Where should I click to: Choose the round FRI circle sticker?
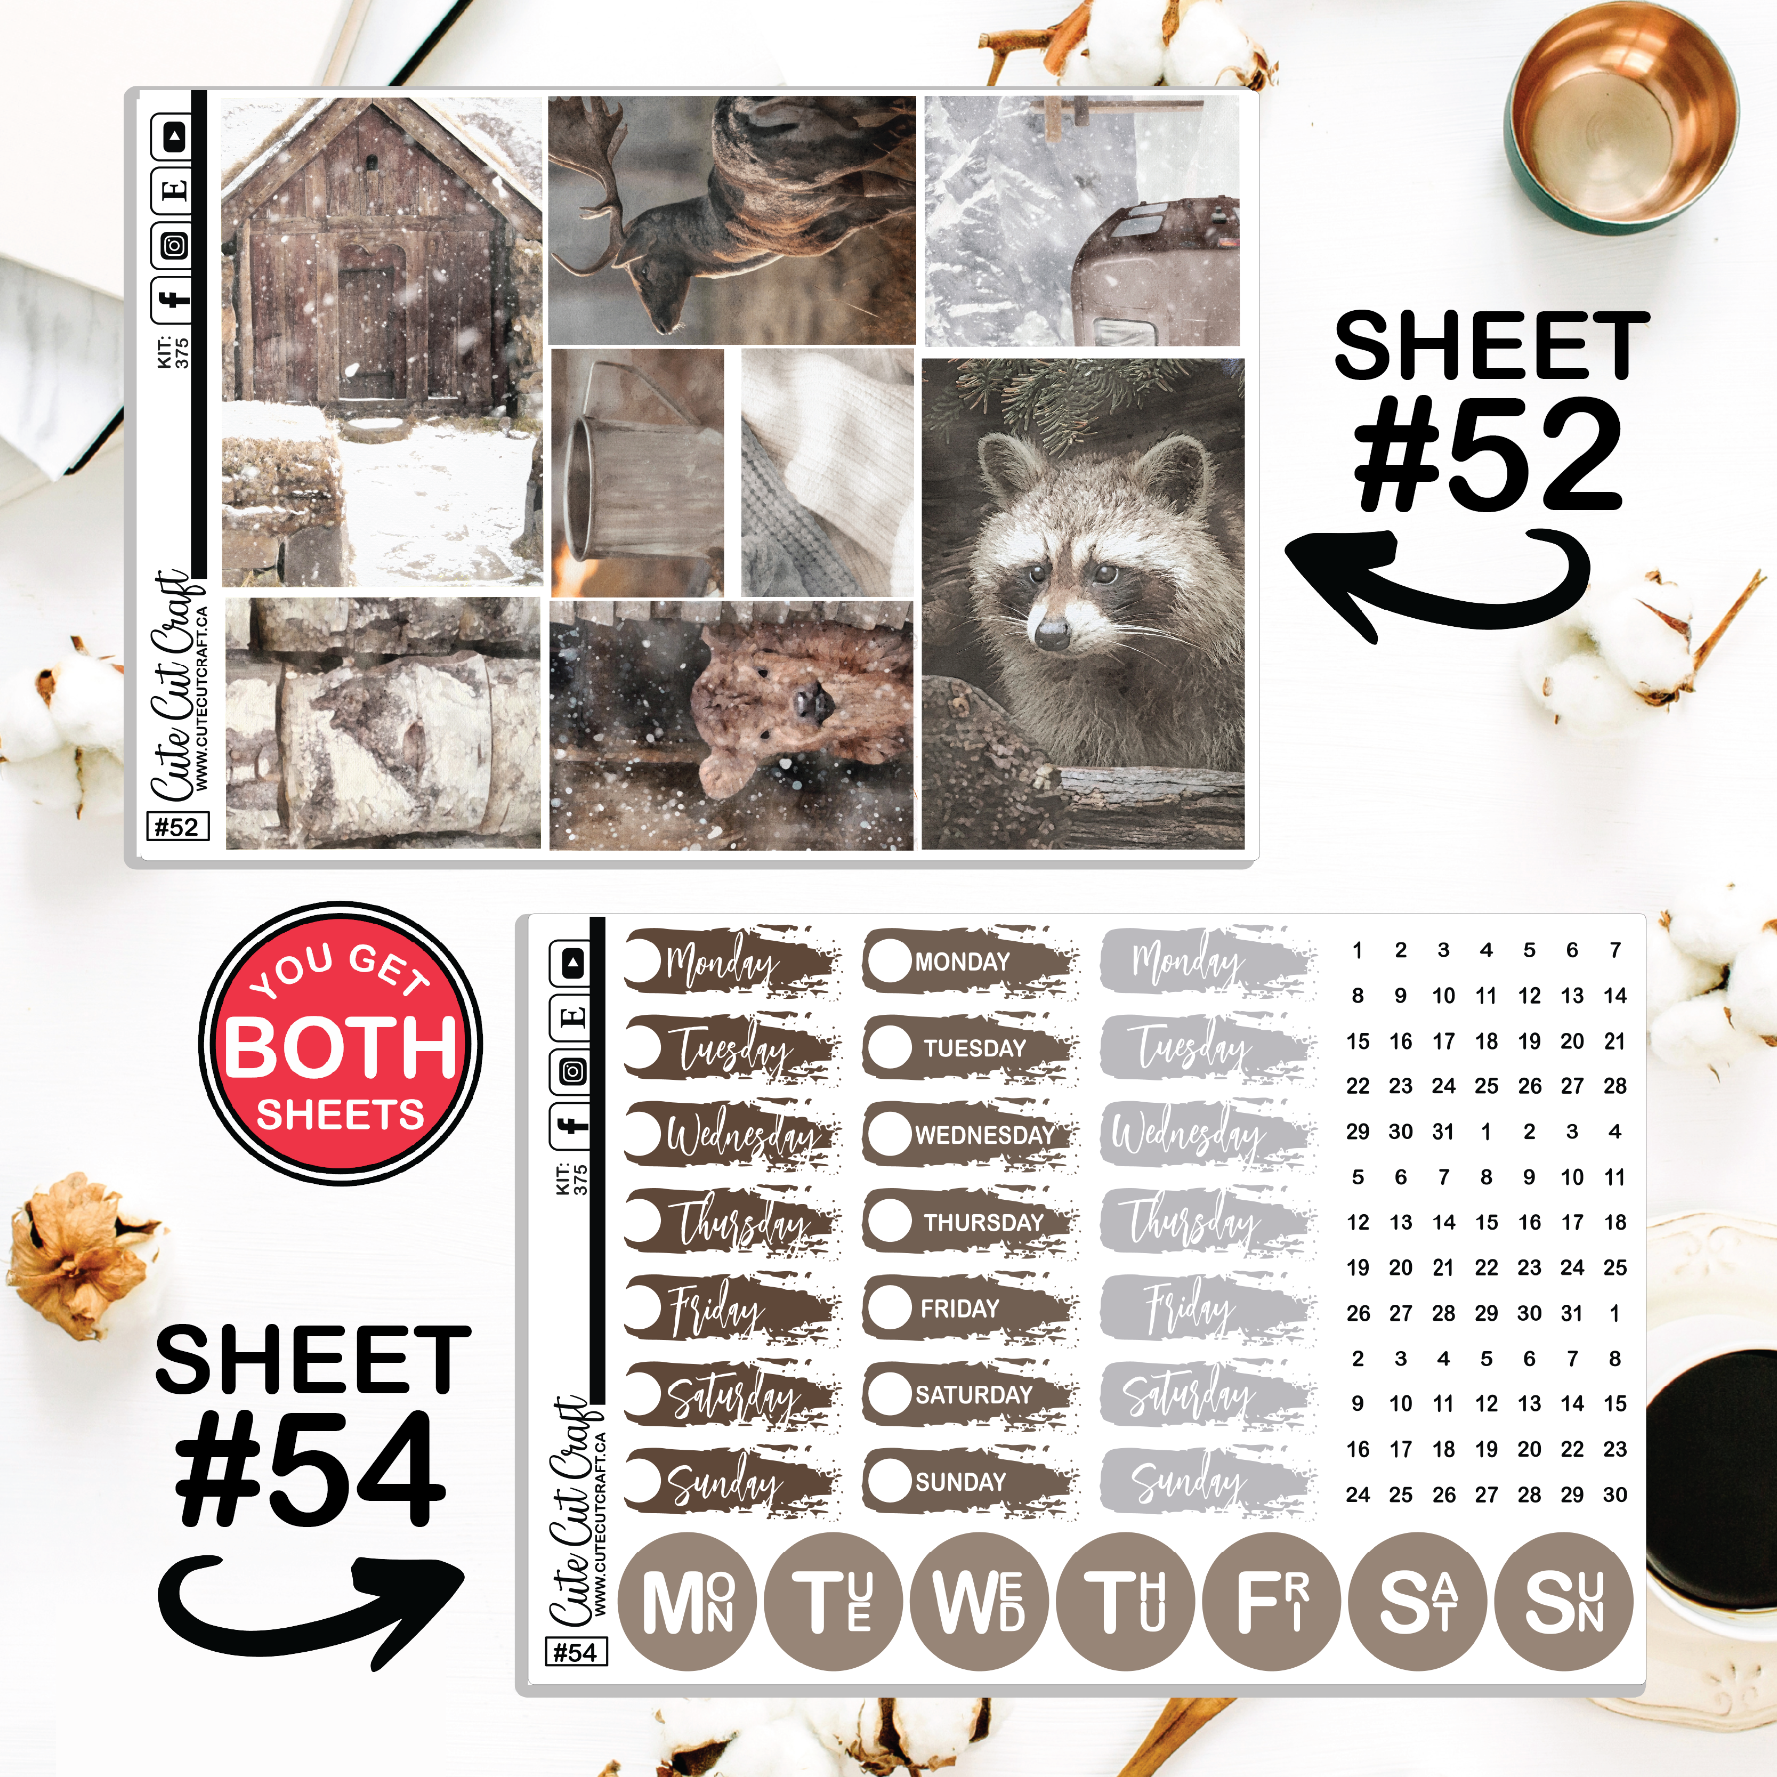[1272, 1601]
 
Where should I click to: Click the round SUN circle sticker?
[1564, 1601]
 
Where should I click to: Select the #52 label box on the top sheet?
[177, 826]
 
